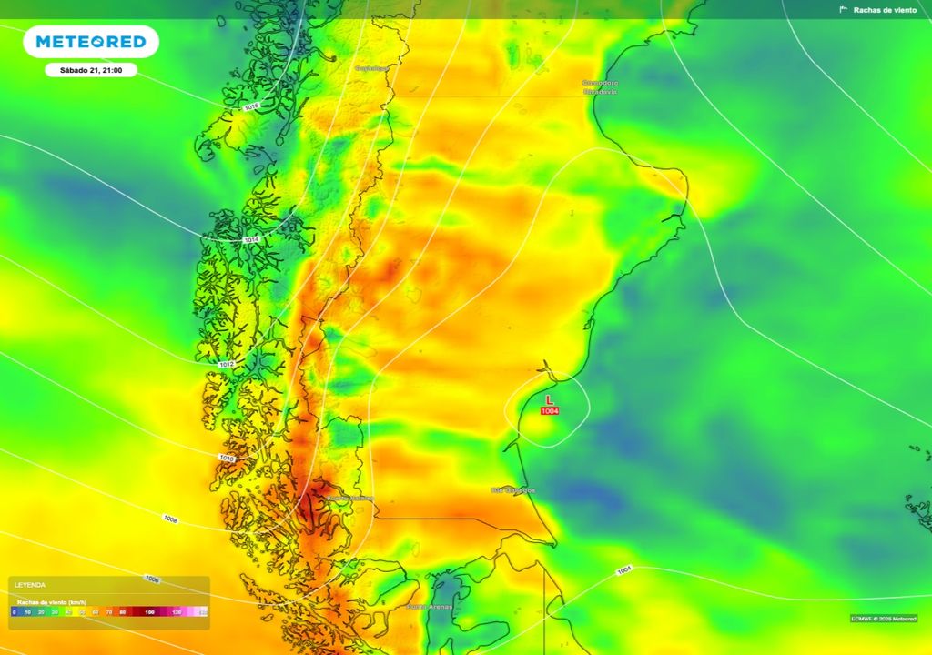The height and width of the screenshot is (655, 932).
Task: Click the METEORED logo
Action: point(91,42)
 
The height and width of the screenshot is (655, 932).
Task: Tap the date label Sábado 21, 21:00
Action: point(91,70)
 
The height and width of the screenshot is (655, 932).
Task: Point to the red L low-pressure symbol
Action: point(549,400)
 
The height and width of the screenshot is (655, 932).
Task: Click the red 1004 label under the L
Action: point(550,411)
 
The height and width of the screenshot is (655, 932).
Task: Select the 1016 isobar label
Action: point(252,107)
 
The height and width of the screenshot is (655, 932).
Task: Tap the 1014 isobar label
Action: point(252,239)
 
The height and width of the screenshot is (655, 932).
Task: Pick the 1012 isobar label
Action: point(228,364)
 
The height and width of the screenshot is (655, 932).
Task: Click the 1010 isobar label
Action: point(227,458)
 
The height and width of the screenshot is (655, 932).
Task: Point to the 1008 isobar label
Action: point(170,519)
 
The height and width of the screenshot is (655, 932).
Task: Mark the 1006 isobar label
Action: point(152,579)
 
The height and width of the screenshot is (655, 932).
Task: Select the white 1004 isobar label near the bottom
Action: point(623,570)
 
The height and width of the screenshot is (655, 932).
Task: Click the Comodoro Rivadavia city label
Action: point(600,87)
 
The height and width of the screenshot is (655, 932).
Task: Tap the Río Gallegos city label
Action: point(513,490)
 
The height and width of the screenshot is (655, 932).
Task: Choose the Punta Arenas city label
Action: point(430,607)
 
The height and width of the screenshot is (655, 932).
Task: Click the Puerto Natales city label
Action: point(350,498)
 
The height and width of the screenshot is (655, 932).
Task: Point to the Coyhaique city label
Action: point(371,68)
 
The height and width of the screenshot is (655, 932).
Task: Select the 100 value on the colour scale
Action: point(149,613)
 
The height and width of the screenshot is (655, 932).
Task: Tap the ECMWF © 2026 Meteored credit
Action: point(884,619)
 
